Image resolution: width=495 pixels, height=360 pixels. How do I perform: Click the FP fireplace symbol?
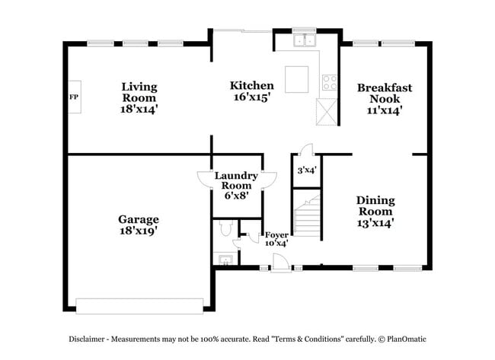click(x=75, y=97)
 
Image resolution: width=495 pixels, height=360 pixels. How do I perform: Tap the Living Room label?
click(x=139, y=98)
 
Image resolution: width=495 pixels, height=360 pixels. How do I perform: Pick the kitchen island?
click(x=296, y=78)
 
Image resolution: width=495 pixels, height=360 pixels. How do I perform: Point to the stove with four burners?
click(x=330, y=82)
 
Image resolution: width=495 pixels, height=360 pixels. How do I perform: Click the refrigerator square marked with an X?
click(x=328, y=114)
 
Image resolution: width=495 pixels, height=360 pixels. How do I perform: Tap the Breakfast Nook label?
click(x=384, y=99)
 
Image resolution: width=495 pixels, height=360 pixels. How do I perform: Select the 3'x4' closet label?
click(x=305, y=170)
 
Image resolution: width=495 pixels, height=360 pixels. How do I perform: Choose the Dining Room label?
click(x=375, y=212)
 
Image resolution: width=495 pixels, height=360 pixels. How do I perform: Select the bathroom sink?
click(x=224, y=260)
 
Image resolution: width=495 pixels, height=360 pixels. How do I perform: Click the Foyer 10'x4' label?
click(x=276, y=239)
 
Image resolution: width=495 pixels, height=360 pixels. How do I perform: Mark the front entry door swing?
click(x=280, y=260)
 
